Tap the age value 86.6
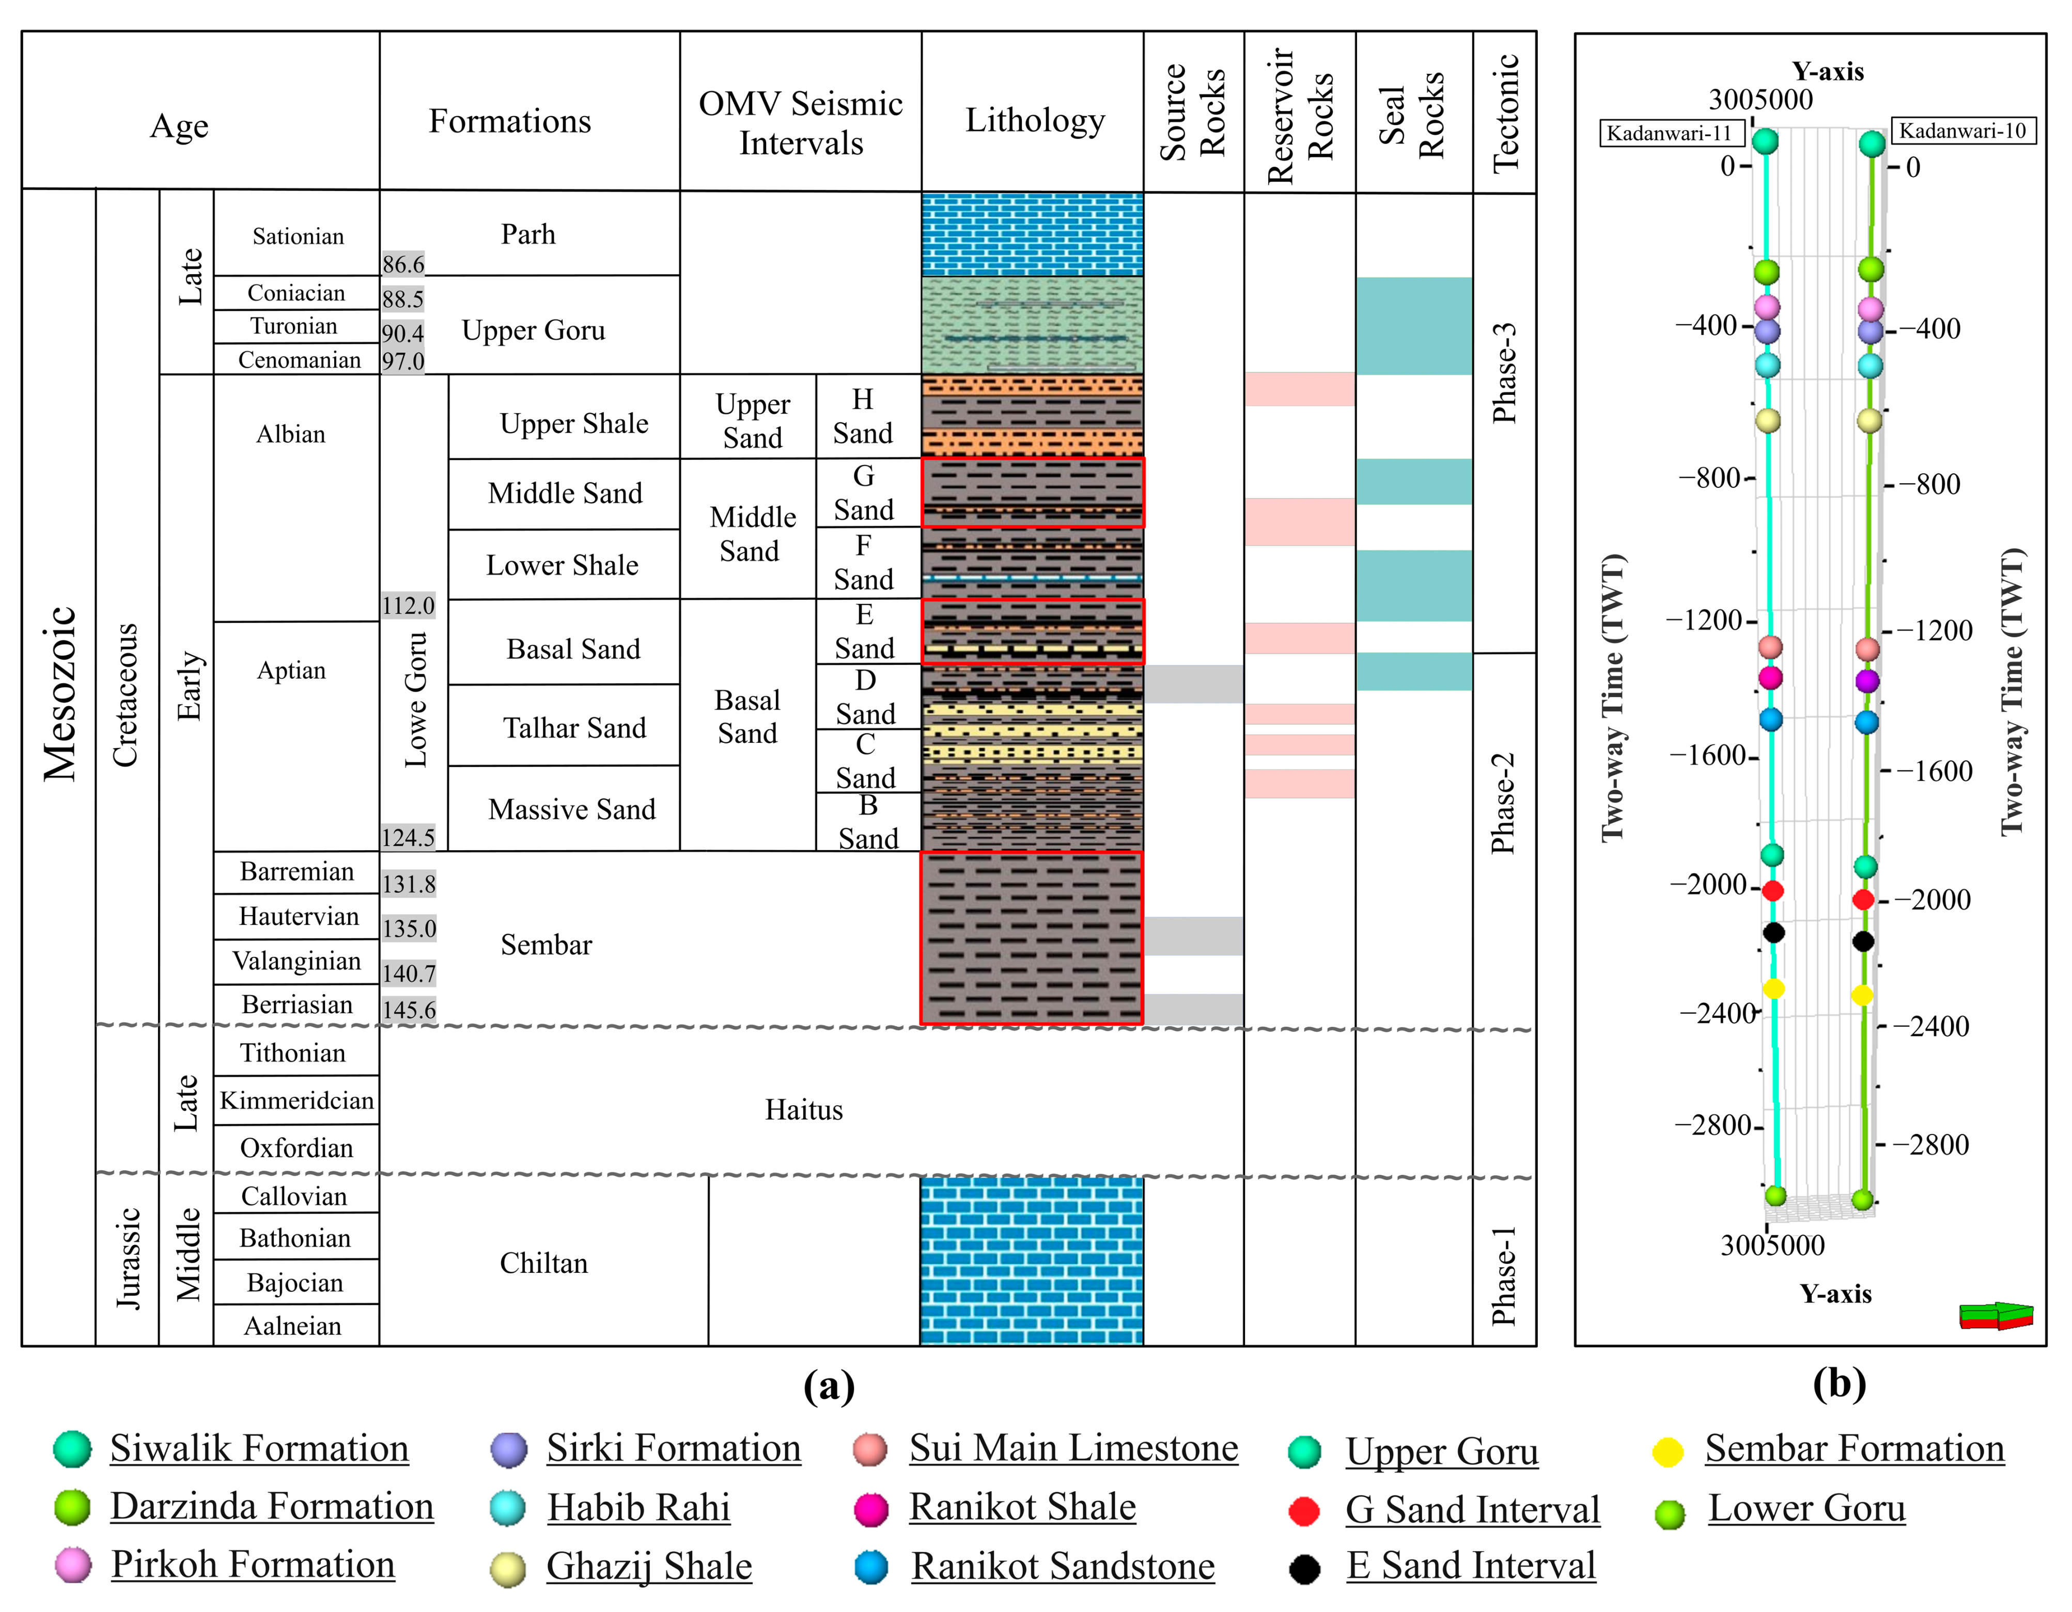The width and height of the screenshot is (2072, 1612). (x=403, y=264)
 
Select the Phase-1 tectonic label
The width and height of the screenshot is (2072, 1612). (x=1504, y=1275)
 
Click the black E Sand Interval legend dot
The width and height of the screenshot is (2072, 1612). (x=1304, y=1569)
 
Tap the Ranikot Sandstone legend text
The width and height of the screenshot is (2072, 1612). (x=1063, y=1567)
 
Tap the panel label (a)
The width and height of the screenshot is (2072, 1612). (x=828, y=1386)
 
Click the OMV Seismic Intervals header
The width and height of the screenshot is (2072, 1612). (x=801, y=123)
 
